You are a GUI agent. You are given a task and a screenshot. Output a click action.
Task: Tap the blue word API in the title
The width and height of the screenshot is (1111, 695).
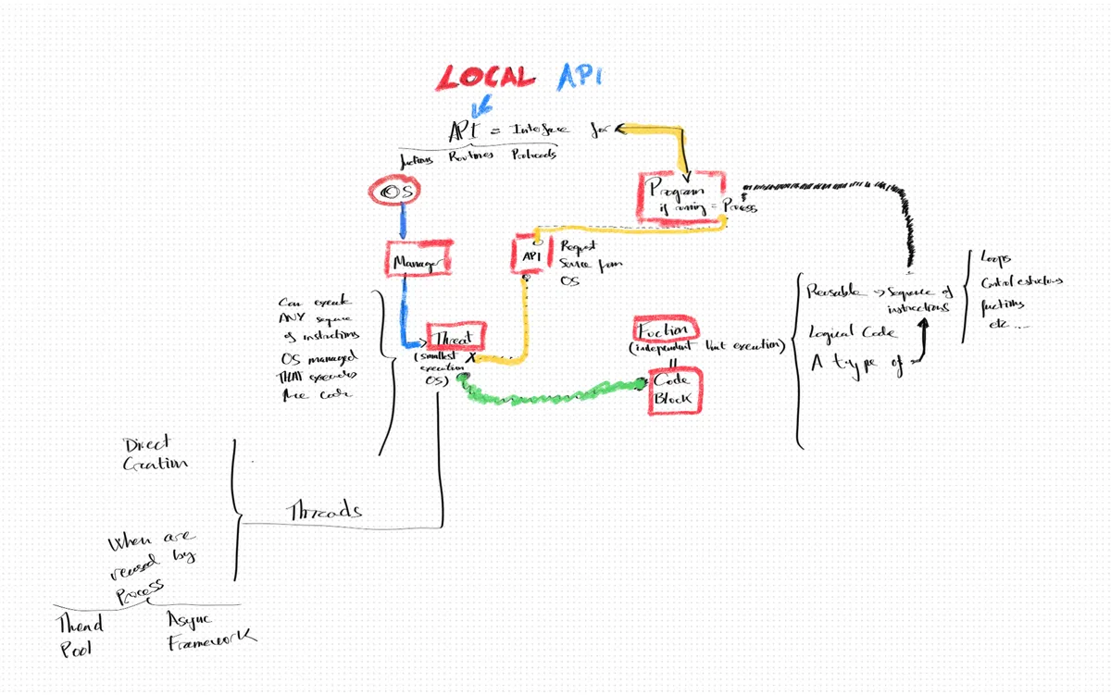(579, 78)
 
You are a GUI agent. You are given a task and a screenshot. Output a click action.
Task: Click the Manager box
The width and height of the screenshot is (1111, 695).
(418, 261)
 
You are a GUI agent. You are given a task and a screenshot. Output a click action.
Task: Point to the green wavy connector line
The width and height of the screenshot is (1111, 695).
(555, 394)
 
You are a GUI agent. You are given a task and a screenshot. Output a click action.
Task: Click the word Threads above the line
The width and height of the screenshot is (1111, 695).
(325, 511)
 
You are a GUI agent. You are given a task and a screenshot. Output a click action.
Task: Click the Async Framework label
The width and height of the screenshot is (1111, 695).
(209, 630)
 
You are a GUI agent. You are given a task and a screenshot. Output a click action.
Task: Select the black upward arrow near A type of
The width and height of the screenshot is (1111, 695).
(923, 342)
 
